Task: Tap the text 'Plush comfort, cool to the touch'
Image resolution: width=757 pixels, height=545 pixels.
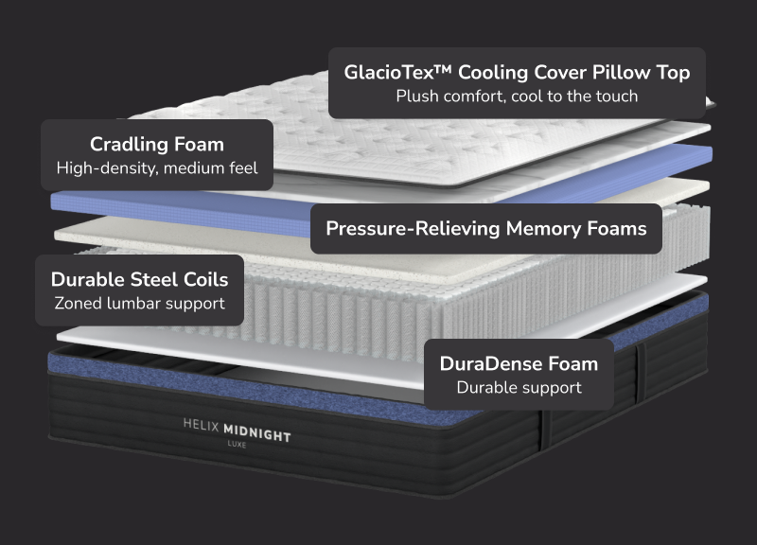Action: pyautogui.click(x=517, y=96)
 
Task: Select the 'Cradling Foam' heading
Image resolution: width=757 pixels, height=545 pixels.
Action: pyautogui.click(x=157, y=145)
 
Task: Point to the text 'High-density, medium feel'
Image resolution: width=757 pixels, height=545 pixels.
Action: pyautogui.click(x=157, y=169)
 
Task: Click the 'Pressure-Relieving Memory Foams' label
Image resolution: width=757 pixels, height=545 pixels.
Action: pyautogui.click(x=486, y=228)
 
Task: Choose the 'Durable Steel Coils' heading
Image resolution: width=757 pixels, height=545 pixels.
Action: pyautogui.click(x=139, y=279)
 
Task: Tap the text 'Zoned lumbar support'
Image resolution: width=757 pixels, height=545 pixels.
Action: pyautogui.click(x=139, y=304)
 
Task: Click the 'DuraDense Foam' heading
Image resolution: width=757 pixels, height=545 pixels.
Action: pyautogui.click(x=519, y=363)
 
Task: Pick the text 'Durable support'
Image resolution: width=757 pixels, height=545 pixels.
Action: pyautogui.click(x=519, y=387)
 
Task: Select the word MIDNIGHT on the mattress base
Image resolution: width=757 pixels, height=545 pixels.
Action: pyautogui.click(x=257, y=435)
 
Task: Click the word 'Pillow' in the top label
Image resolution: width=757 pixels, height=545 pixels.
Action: pyautogui.click(x=621, y=72)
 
